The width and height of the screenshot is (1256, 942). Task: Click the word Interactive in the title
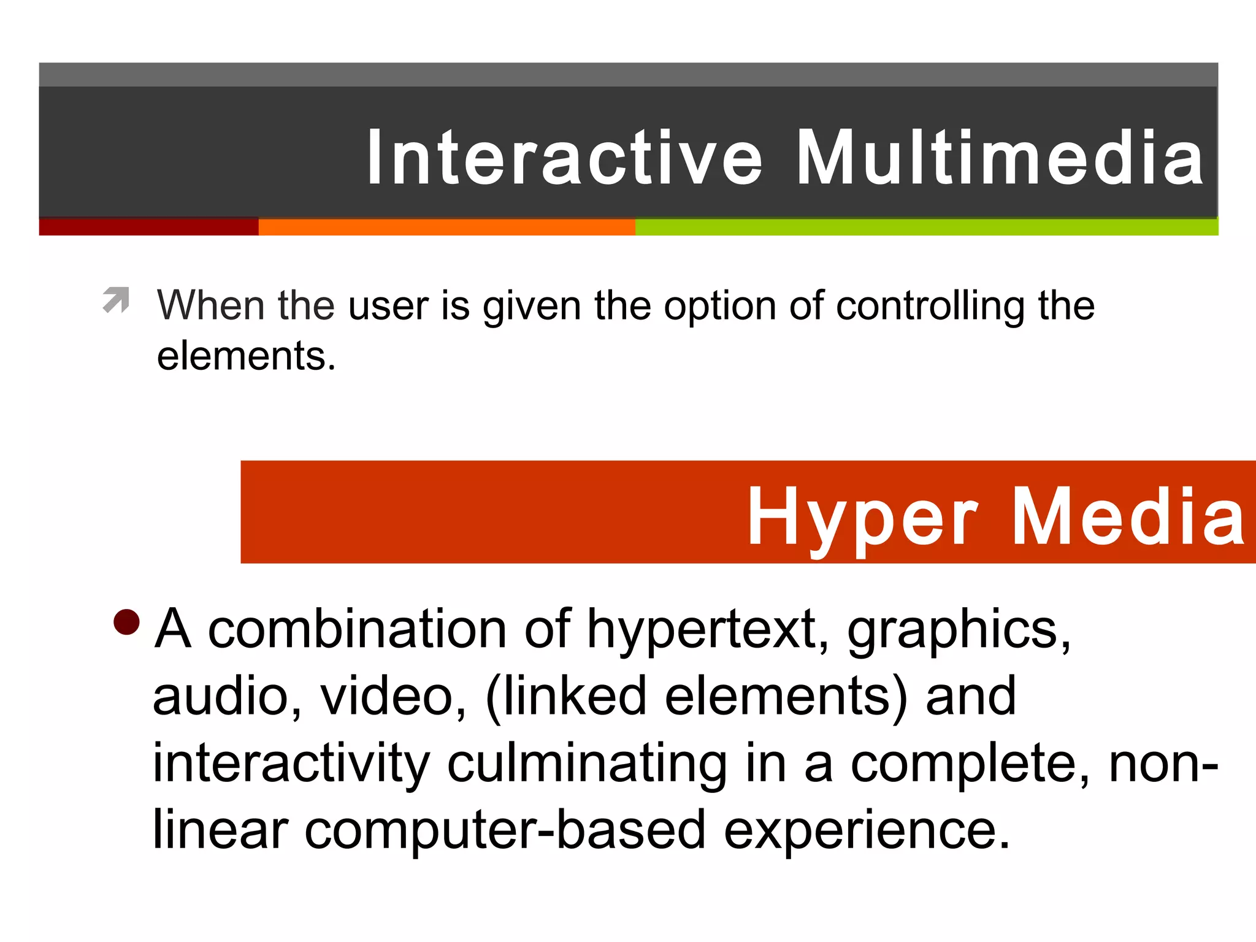coord(564,158)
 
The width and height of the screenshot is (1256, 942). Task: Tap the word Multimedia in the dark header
coord(1000,158)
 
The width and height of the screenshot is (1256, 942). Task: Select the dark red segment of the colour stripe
coord(148,227)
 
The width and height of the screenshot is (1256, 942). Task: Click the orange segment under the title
coord(446,227)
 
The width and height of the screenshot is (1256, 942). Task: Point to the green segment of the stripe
coord(926,227)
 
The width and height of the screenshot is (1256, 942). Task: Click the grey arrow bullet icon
coord(116,300)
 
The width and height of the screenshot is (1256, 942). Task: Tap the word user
coord(388,306)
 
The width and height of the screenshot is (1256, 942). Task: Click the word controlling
coord(930,306)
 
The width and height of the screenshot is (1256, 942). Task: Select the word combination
coord(357,629)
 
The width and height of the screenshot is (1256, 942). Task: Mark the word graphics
coord(959,630)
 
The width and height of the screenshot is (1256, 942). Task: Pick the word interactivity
coord(291,764)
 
